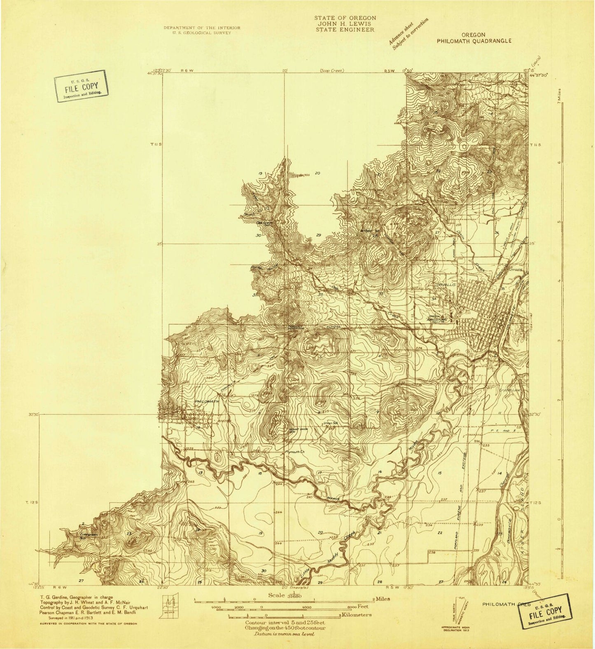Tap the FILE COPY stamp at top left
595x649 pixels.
click(81, 87)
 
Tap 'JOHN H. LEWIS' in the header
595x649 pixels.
click(345, 24)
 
